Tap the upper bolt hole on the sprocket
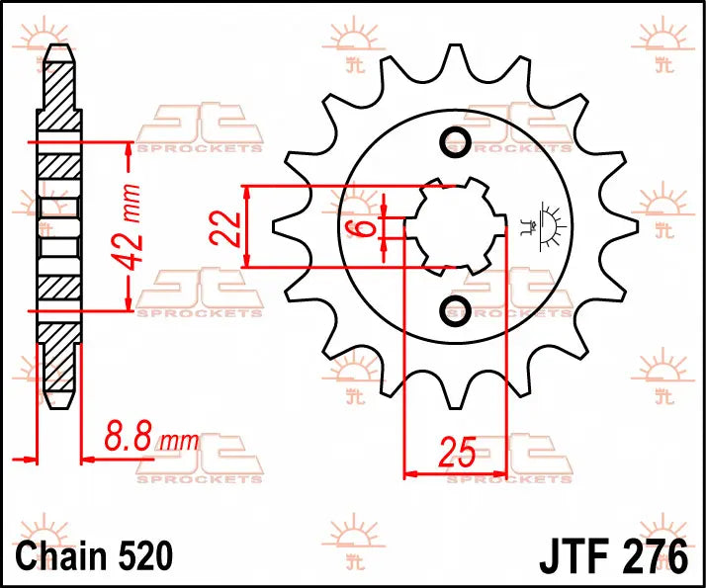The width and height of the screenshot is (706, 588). (456, 141)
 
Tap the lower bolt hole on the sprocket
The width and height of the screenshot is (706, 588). (456, 311)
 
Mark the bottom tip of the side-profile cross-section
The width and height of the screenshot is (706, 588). (58, 405)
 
